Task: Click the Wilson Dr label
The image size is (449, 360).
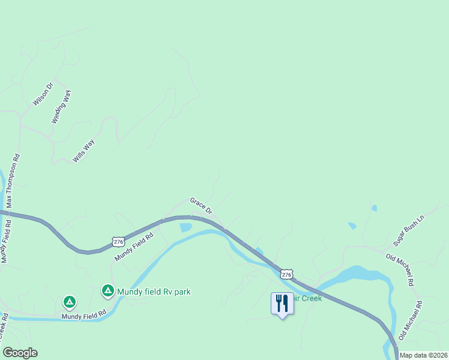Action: [43, 94]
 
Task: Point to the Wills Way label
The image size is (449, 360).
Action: [83, 150]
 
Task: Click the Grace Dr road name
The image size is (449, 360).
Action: [201, 206]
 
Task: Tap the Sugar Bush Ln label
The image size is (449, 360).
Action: [409, 230]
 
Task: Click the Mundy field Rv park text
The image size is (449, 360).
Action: [154, 292]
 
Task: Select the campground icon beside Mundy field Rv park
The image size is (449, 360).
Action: [108, 292]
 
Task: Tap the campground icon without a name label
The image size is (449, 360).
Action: [70, 301]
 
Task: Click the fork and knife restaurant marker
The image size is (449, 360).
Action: [282, 303]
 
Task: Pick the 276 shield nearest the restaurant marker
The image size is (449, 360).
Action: [286, 274]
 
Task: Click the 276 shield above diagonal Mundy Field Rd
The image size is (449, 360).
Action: [118, 242]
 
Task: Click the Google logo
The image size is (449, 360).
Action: [20, 353]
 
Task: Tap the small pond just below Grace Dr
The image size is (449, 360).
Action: [185, 227]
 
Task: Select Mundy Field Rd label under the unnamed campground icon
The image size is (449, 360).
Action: [83, 314]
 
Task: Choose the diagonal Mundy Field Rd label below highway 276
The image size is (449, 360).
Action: [134, 246]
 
